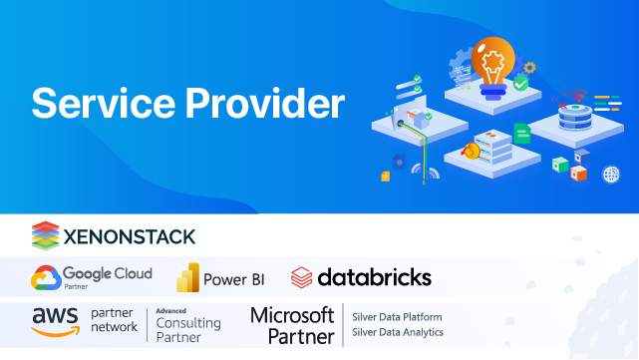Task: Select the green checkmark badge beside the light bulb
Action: pos(521,85)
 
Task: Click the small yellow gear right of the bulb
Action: pos(529,68)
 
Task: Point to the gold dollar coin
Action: pos(472,152)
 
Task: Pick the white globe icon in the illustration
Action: pos(611,175)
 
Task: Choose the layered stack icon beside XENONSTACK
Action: pos(46,235)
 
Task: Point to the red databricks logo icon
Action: pos(302,277)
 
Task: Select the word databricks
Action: pos(374,276)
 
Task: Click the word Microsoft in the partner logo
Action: pos(292,314)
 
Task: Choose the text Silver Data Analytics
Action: pos(398,332)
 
